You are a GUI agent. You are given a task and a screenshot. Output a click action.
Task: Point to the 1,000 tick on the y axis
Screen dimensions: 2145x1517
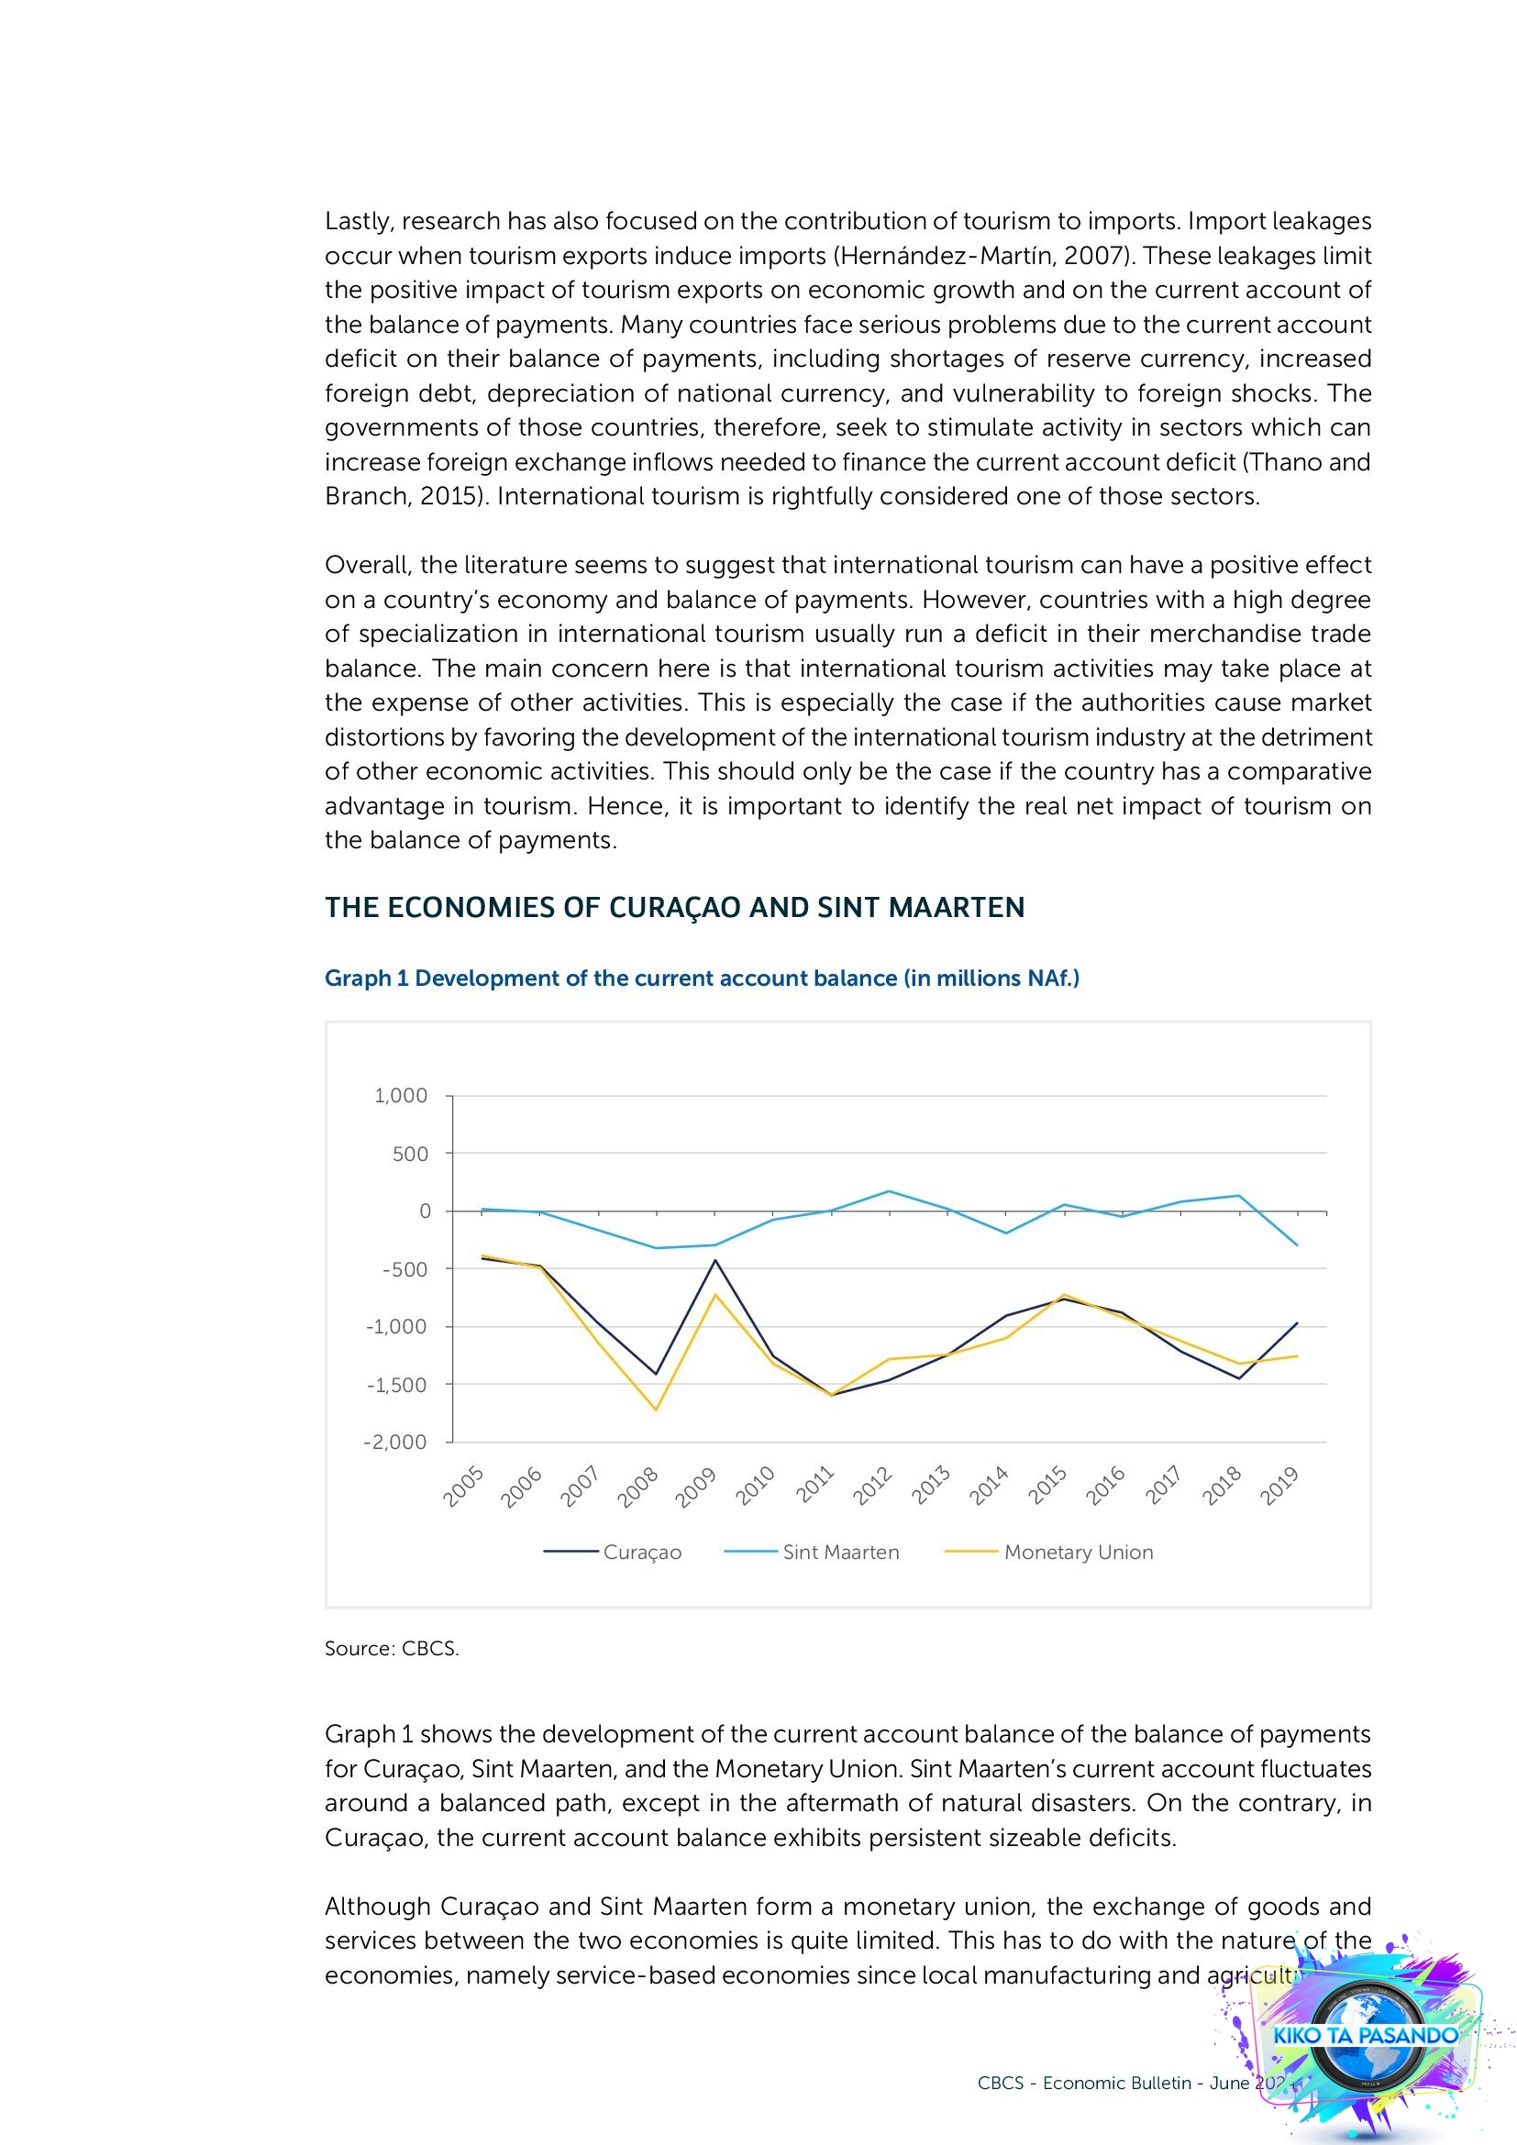(401, 1096)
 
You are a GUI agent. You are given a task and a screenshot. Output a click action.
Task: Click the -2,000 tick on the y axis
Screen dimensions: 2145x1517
(395, 1442)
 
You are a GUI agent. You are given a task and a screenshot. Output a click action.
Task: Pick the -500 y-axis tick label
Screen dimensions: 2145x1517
(404, 1268)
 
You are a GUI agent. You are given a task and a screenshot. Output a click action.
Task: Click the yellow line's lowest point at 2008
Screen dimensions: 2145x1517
(657, 1410)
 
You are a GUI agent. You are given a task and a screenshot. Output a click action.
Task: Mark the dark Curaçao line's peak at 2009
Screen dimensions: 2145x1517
(715, 1260)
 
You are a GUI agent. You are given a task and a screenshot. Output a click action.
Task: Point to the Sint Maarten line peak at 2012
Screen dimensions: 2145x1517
(890, 1191)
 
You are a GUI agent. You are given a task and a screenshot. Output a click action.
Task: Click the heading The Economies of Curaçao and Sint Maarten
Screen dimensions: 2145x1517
(674, 907)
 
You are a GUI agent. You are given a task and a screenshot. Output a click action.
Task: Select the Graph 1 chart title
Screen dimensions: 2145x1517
(702, 979)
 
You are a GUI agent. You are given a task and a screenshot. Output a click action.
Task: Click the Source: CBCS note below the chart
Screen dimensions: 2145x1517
(392, 1648)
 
